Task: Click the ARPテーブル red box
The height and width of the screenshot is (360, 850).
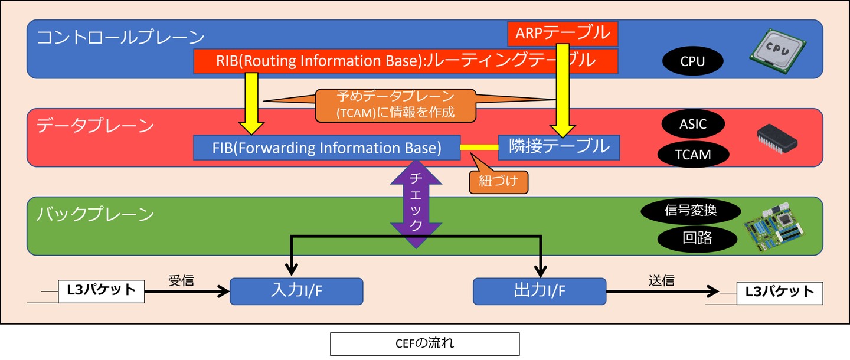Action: pyautogui.click(x=563, y=34)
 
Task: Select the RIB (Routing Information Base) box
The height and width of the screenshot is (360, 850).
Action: pyautogui.click(x=406, y=61)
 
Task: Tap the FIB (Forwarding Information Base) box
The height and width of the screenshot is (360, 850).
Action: pyautogui.click(x=326, y=148)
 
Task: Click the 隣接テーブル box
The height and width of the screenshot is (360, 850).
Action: pyautogui.click(x=558, y=147)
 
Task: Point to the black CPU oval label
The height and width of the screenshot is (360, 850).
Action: pyautogui.click(x=692, y=61)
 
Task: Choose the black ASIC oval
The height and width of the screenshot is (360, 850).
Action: pyautogui.click(x=692, y=125)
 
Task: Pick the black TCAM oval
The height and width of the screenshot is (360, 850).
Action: pyautogui.click(x=692, y=155)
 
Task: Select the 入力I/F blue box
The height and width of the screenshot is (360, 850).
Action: pyautogui.click(x=296, y=291)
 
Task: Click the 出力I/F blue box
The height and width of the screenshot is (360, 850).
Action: pyautogui.click(x=540, y=291)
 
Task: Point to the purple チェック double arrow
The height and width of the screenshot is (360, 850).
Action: pyautogui.click(x=416, y=204)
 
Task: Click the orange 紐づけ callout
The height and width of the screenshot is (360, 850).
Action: pyautogui.click(x=498, y=181)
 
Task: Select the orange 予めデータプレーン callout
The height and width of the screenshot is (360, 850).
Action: pyautogui.click(x=395, y=104)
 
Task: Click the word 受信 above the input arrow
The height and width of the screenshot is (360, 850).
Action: pyautogui.click(x=181, y=280)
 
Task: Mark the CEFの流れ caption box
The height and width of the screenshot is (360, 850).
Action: pyautogui.click(x=424, y=343)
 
